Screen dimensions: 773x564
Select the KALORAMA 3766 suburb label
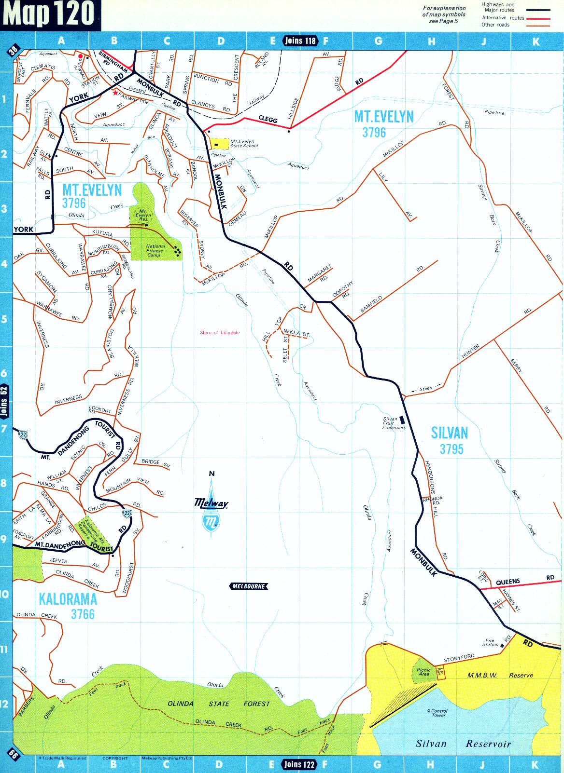coord(68,606)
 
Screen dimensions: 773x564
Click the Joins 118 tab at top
coord(300,41)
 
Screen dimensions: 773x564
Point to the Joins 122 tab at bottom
coord(299,764)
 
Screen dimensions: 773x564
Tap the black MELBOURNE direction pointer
coord(248,586)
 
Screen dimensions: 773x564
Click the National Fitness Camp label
coord(155,250)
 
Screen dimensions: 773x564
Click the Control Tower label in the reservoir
coord(438,713)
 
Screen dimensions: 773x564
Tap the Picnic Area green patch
coord(423,672)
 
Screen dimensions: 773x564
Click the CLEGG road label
coord(268,119)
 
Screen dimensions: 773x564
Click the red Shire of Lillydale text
coord(220,333)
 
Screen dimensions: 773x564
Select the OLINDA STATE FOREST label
coord(218,704)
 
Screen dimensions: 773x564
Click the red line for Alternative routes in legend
coord(538,18)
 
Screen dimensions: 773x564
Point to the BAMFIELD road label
coord(371,305)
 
